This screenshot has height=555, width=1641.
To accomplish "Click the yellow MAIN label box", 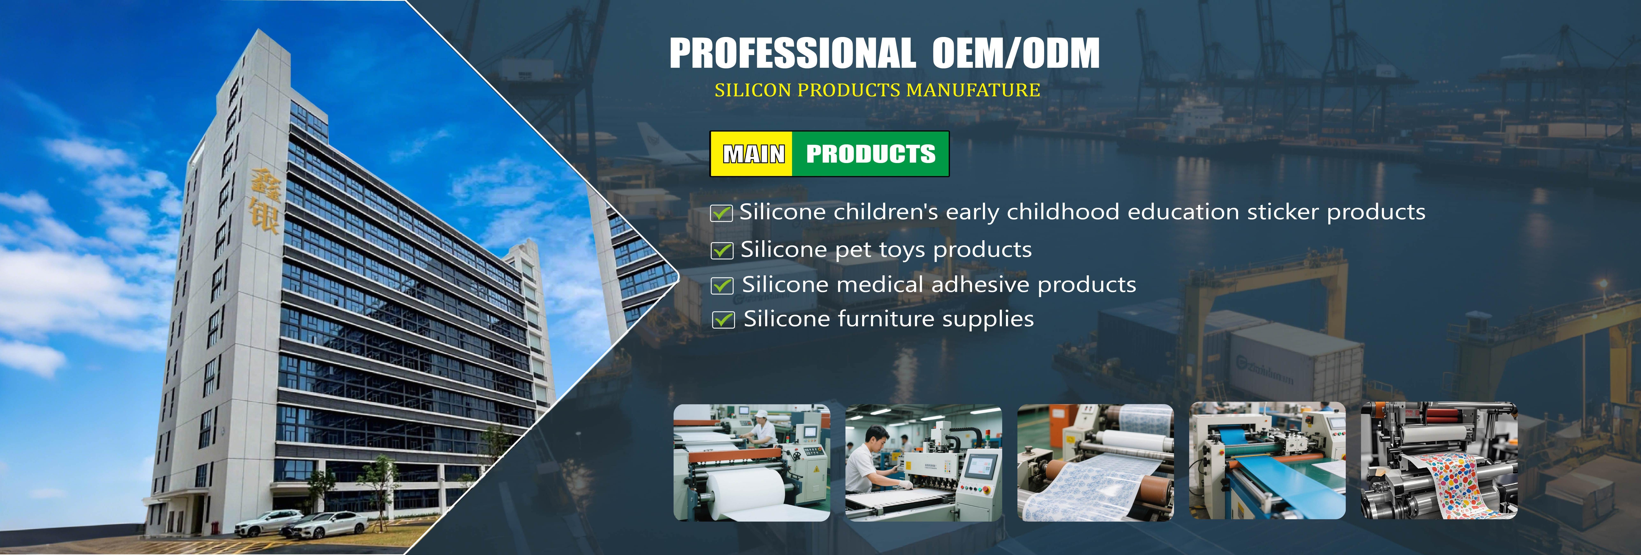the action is [752, 153].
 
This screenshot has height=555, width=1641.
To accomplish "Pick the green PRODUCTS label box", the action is [870, 153].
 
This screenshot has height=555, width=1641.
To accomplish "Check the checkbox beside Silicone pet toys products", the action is [722, 251].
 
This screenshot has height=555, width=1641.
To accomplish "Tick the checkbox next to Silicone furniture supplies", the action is [723, 319].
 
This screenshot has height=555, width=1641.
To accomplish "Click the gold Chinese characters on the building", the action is [263, 200].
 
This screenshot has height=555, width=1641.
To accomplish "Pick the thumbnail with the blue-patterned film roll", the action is [1095, 462].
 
